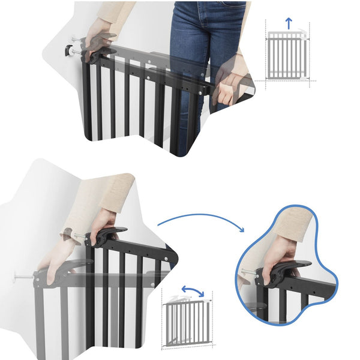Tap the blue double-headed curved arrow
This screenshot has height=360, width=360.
click(193, 292)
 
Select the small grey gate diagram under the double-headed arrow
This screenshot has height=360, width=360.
click(187, 321)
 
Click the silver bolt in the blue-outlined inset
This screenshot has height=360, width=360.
click(247, 273)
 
